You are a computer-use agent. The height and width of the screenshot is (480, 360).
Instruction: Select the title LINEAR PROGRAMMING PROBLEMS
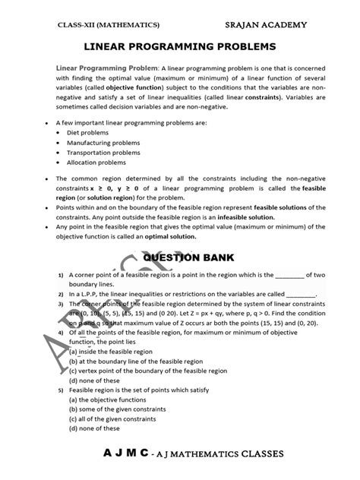[x=180, y=46]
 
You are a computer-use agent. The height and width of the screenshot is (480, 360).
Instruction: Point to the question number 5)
[x=59, y=390]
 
